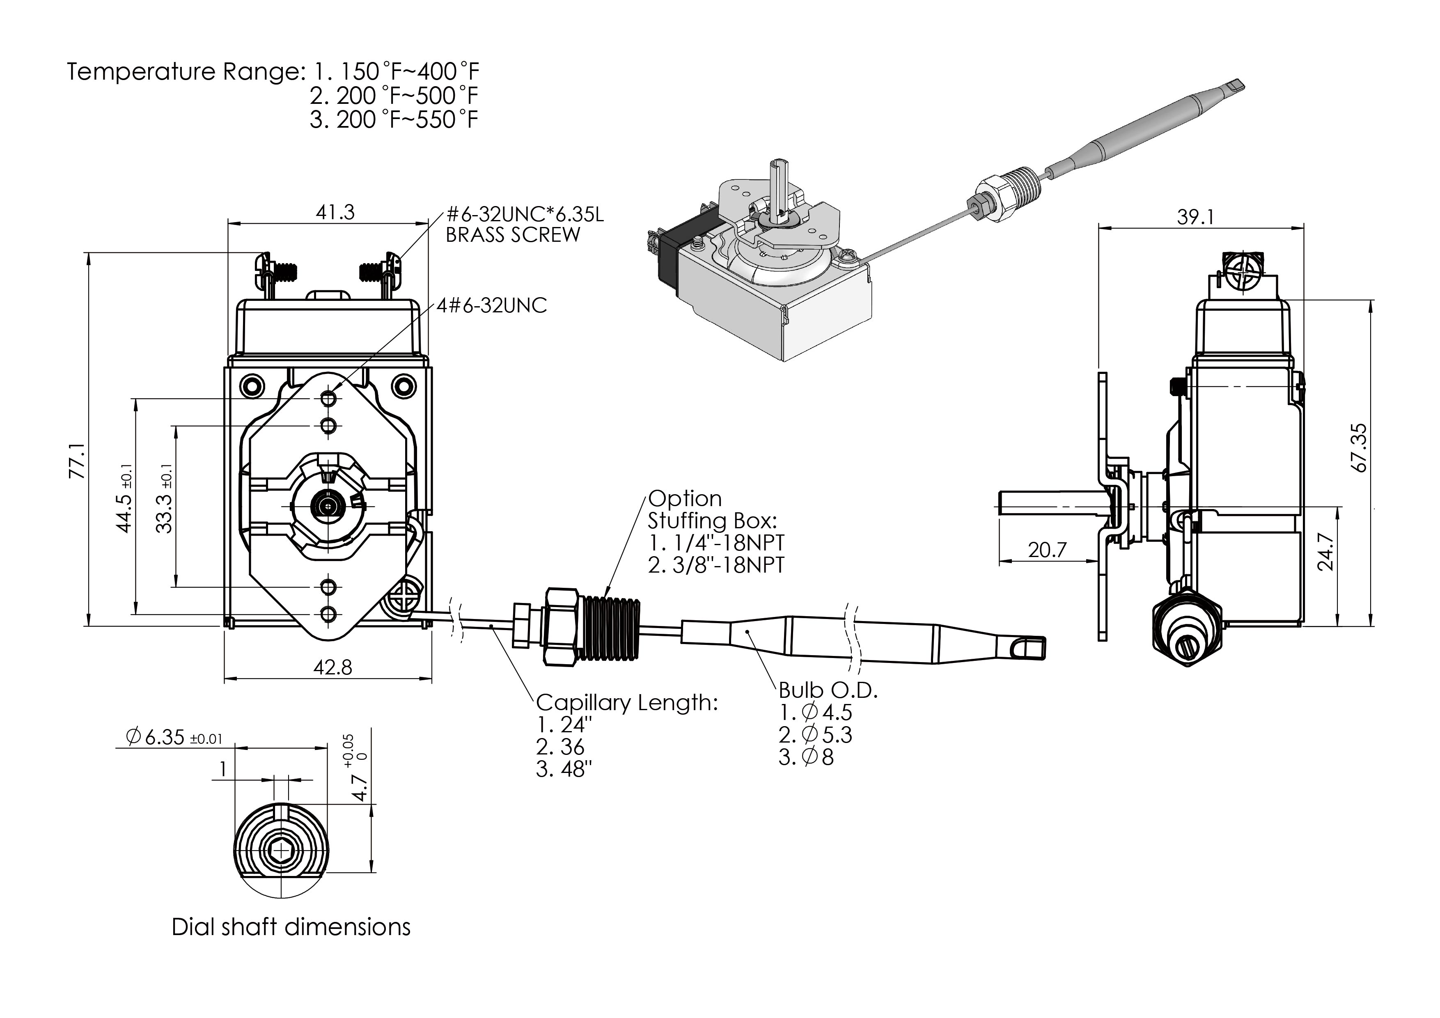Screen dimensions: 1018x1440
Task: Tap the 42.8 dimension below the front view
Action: point(332,667)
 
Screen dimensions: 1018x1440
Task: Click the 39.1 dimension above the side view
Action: point(1195,217)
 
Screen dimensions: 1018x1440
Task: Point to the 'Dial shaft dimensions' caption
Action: point(291,927)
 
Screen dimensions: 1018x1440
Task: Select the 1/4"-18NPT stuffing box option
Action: point(716,542)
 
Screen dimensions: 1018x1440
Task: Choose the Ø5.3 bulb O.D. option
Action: point(815,734)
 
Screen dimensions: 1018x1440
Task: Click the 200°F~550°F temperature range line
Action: point(394,119)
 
